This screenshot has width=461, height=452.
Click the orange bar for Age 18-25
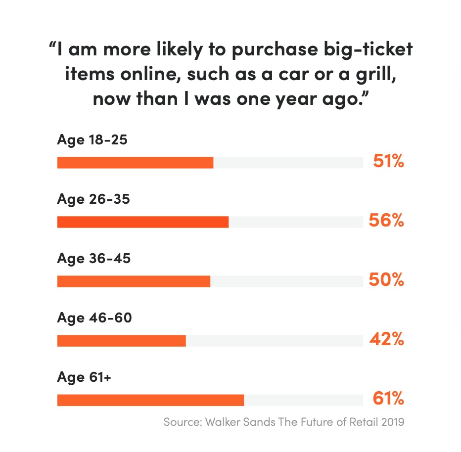click(x=135, y=163)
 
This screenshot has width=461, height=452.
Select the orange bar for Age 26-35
click(x=143, y=222)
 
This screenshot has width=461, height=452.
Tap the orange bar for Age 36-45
click(x=134, y=281)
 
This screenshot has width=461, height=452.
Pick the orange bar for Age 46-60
click(x=121, y=341)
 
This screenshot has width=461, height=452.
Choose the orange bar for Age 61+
click(x=150, y=400)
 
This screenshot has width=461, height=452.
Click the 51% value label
click(x=388, y=161)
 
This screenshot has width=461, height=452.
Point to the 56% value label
click(x=386, y=221)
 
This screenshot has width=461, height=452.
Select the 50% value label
click(x=386, y=280)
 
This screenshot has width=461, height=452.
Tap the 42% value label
click(x=386, y=339)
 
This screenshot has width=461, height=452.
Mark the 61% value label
click(x=388, y=399)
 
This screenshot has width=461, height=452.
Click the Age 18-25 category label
click(x=92, y=140)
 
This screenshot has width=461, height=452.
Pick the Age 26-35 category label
click(x=93, y=199)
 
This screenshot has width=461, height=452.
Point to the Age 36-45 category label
click(x=94, y=259)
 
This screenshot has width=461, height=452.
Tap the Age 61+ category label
click(x=84, y=377)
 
